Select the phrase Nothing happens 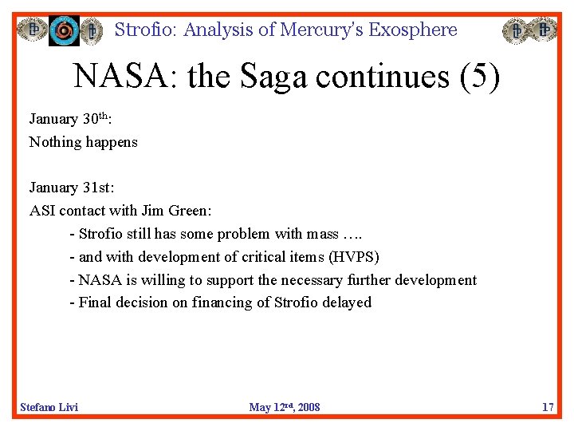84,142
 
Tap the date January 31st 72,188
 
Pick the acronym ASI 41,211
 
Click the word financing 224,302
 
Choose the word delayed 347,302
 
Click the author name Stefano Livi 49,407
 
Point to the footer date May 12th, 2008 285,407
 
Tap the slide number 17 548,407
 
